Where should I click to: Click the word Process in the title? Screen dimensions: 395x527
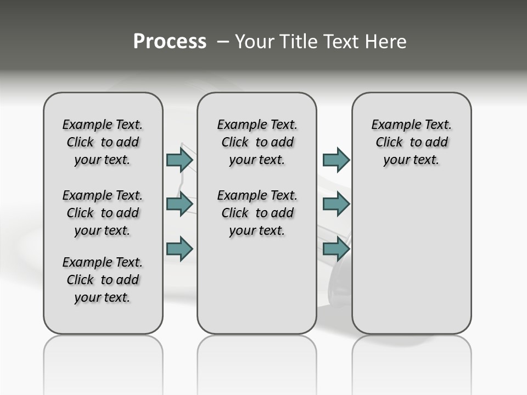(x=170, y=42)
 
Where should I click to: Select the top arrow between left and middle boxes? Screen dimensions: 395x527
(x=180, y=160)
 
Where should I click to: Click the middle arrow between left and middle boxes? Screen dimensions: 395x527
(x=180, y=204)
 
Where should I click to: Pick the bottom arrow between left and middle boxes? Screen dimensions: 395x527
(x=180, y=249)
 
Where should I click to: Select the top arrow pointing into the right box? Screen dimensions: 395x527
(x=336, y=160)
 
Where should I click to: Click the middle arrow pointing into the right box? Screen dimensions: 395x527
(x=336, y=204)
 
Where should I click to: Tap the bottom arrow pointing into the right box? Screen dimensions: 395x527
(x=336, y=249)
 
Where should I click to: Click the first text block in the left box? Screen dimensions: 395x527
(x=103, y=142)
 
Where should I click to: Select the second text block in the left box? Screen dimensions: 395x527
(x=103, y=213)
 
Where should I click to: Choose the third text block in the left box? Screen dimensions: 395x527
(x=103, y=280)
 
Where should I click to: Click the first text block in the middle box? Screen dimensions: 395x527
(x=257, y=142)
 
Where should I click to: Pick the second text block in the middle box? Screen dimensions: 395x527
(x=257, y=213)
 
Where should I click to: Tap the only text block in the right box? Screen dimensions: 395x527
(x=412, y=142)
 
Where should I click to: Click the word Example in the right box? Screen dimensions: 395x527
(x=392, y=125)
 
